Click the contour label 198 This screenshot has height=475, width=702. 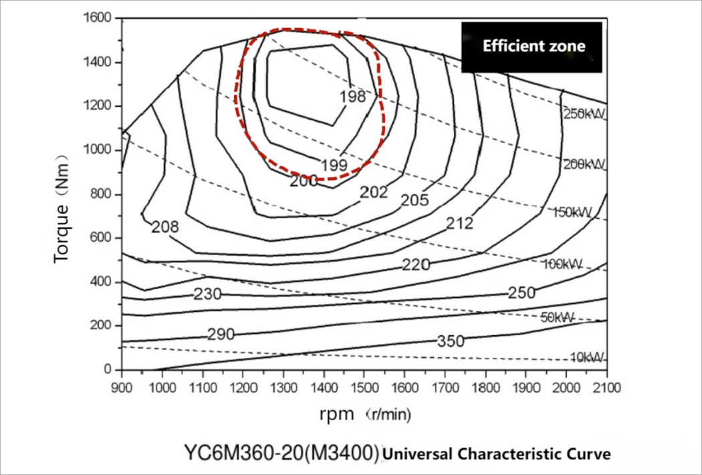click(353, 96)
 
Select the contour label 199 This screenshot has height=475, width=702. click(334, 165)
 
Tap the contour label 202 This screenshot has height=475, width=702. click(374, 192)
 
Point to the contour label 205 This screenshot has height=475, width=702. click(415, 200)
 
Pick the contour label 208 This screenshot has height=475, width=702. click(164, 227)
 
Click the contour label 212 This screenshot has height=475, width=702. click(460, 223)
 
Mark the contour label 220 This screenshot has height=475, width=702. click(416, 265)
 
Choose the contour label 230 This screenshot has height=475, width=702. click(207, 294)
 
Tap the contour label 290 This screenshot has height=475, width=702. click(221, 334)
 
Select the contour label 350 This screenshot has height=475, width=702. click(451, 341)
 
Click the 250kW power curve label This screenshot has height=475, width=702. click(584, 114)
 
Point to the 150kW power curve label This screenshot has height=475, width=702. click(572, 212)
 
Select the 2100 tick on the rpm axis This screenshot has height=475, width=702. click(606, 387)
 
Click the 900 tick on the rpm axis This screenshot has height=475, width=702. click(122, 387)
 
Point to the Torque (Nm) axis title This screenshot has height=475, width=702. click(62, 209)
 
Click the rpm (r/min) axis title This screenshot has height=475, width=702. click(365, 415)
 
